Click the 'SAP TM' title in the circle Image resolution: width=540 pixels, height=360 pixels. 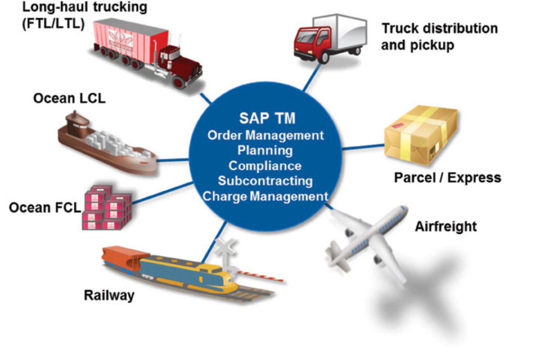[267, 118]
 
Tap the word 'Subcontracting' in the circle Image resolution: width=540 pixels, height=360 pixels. [265, 180]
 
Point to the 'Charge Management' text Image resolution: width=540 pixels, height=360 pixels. [265, 196]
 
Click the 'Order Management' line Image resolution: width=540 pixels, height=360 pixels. [265, 135]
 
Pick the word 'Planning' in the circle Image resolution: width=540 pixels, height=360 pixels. [265, 150]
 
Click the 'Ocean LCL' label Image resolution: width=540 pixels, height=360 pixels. [69, 98]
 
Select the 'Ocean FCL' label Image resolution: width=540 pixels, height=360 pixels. [44, 207]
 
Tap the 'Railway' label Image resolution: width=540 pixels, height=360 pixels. [109, 295]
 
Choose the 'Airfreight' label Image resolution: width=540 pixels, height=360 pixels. [445, 226]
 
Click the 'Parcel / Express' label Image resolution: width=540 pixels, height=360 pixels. [447, 177]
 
